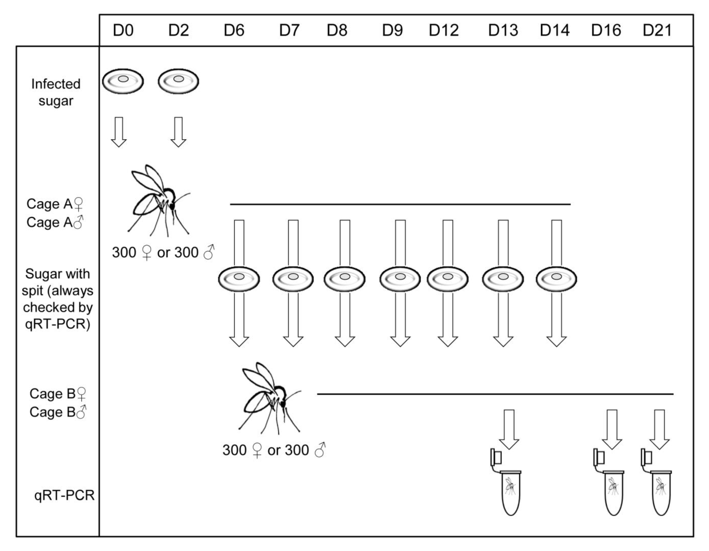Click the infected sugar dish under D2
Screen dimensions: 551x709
pos(178,81)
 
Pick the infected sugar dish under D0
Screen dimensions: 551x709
pos(123,81)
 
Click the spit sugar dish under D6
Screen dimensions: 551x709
pos(239,279)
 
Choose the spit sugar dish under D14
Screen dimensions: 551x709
pos(556,279)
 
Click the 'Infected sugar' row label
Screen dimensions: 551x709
pos(56,92)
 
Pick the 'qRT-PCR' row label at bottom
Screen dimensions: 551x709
pos(64,495)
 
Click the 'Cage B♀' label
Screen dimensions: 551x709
pos(58,394)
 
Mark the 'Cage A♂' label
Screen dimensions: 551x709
pos(55,222)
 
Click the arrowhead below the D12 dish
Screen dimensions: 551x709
pos(448,341)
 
